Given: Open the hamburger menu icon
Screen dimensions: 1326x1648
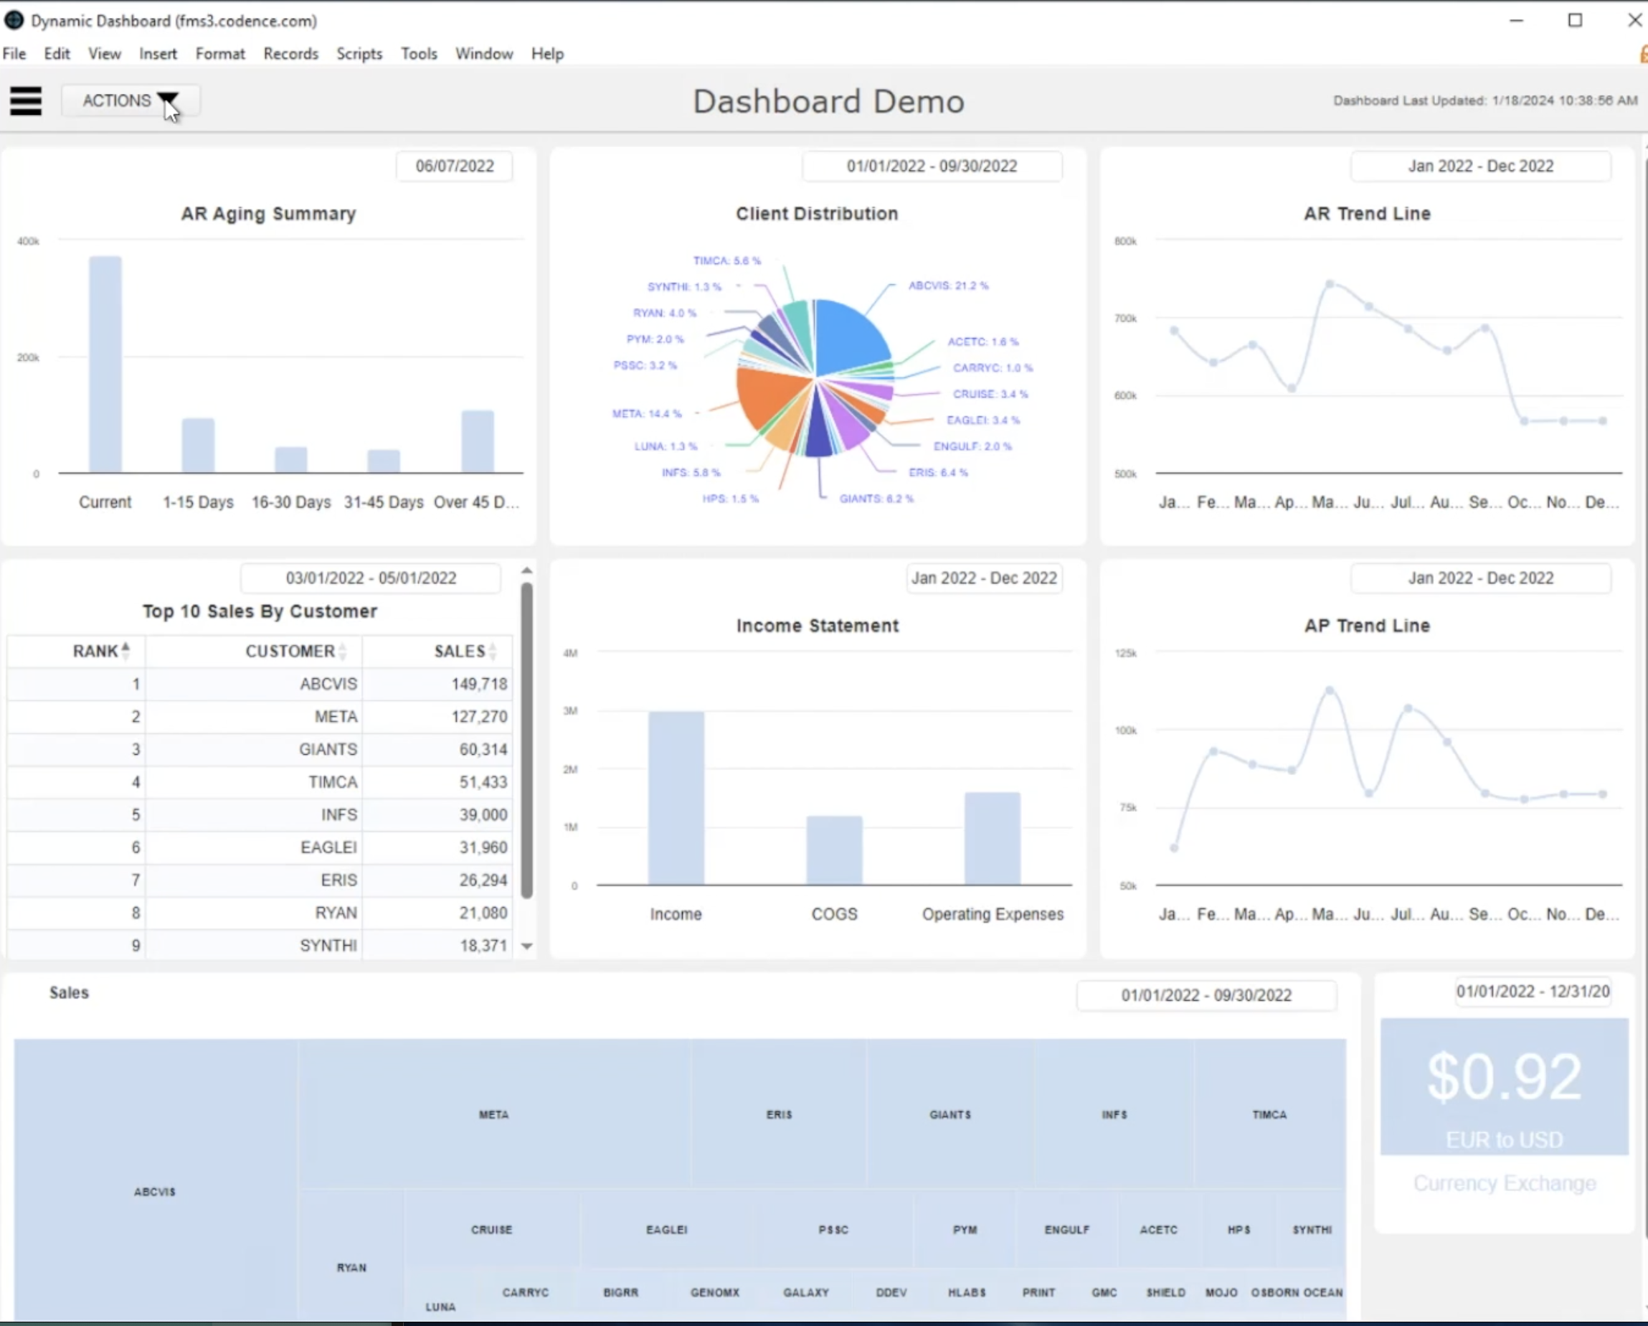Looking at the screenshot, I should [x=26, y=101].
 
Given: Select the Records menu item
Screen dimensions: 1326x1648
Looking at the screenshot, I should [x=290, y=54].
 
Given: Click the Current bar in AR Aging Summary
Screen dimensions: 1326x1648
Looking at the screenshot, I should [x=105, y=365].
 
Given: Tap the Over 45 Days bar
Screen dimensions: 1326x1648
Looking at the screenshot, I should [x=478, y=442].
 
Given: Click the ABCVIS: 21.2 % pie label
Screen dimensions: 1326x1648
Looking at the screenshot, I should [x=948, y=286].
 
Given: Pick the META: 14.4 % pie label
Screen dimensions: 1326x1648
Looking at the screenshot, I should [x=647, y=414].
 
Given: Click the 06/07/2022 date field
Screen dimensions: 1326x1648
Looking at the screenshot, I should [x=454, y=166].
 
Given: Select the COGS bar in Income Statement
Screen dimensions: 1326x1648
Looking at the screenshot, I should [x=834, y=850].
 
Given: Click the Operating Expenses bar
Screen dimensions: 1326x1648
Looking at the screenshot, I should [x=992, y=839].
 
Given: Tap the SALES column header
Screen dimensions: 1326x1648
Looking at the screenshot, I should [x=460, y=652].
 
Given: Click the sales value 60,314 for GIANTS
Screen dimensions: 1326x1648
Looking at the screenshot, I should [x=483, y=749].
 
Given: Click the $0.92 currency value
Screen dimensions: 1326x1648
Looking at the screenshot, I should [x=1504, y=1078].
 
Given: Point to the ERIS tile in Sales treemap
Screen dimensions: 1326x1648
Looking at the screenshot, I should [x=779, y=1114].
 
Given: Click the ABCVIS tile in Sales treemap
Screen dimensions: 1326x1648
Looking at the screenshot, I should [x=155, y=1191].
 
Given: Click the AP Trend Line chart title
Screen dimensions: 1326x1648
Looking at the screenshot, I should [x=1367, y=626].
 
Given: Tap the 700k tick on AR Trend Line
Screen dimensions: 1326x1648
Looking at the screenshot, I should [x=1125, y=318].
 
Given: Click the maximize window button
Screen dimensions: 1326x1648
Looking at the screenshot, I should [x=1575, y=21].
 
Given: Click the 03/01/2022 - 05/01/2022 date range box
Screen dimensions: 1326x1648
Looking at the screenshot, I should [x=371, y=578].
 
